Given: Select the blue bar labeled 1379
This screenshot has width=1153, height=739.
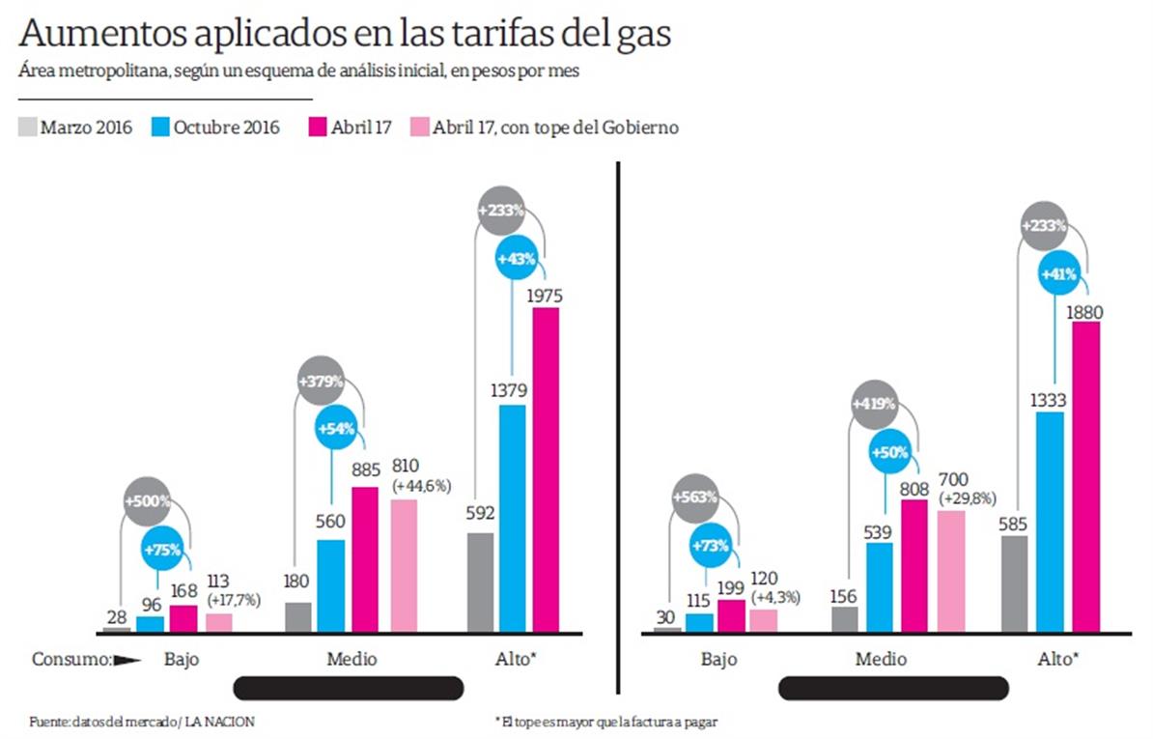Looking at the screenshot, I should coord(513,519).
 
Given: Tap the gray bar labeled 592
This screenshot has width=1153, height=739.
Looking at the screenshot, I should coord(479,583).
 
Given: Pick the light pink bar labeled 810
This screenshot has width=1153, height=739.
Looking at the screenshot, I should coord(404,565).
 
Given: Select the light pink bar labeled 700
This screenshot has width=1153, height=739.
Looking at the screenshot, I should coord(951,571).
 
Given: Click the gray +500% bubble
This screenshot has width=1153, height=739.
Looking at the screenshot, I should coord(147,501).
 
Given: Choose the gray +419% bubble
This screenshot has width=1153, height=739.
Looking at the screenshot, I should coord(873,404).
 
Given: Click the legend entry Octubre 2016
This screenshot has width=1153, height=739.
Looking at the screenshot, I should coord(216,128).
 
